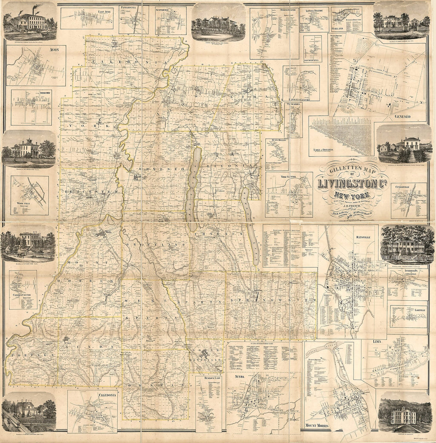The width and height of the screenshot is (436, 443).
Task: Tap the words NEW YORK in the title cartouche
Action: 352,195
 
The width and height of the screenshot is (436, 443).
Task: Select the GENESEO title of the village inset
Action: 404,118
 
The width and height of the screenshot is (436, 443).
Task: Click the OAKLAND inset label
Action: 340,29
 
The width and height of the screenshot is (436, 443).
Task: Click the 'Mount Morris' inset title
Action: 318,426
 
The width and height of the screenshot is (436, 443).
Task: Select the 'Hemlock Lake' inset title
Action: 208,379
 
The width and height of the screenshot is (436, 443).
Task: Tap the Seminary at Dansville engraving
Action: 404,414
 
